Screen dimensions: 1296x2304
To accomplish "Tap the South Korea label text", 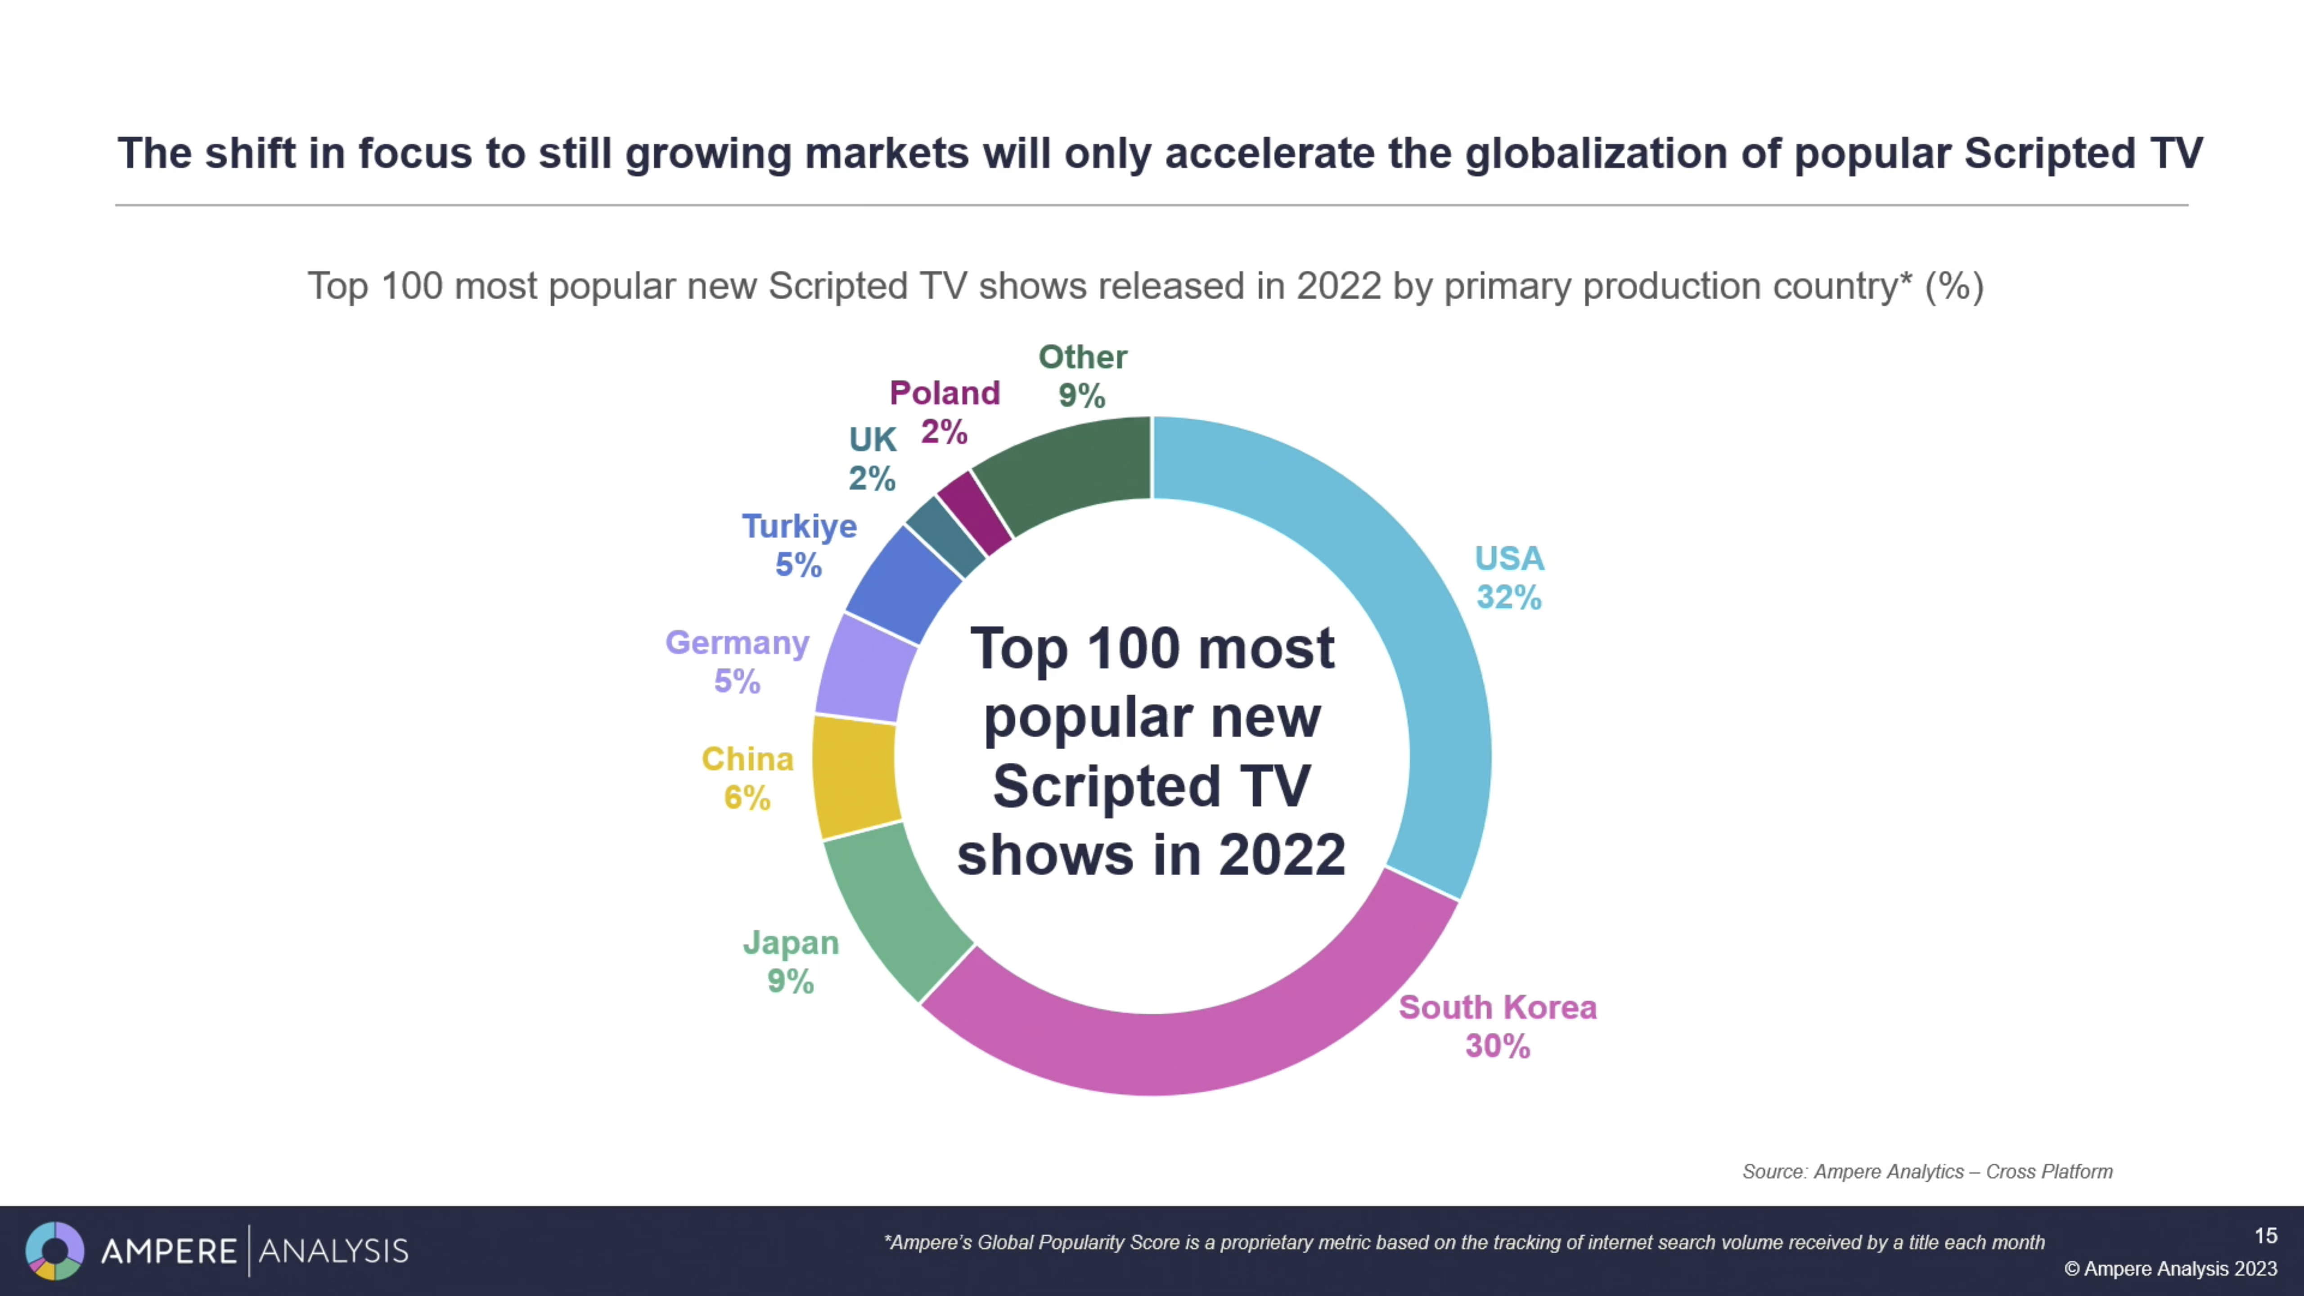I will pos(1497,1007).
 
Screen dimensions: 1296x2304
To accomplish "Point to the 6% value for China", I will pos(747,798).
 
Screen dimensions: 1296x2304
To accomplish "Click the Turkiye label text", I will pos(799,526).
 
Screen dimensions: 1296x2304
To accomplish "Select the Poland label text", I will pos(945,393).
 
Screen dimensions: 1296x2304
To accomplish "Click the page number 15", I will pos(2265,1235).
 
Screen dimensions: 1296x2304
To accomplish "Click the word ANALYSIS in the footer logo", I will pos(333,1251).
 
